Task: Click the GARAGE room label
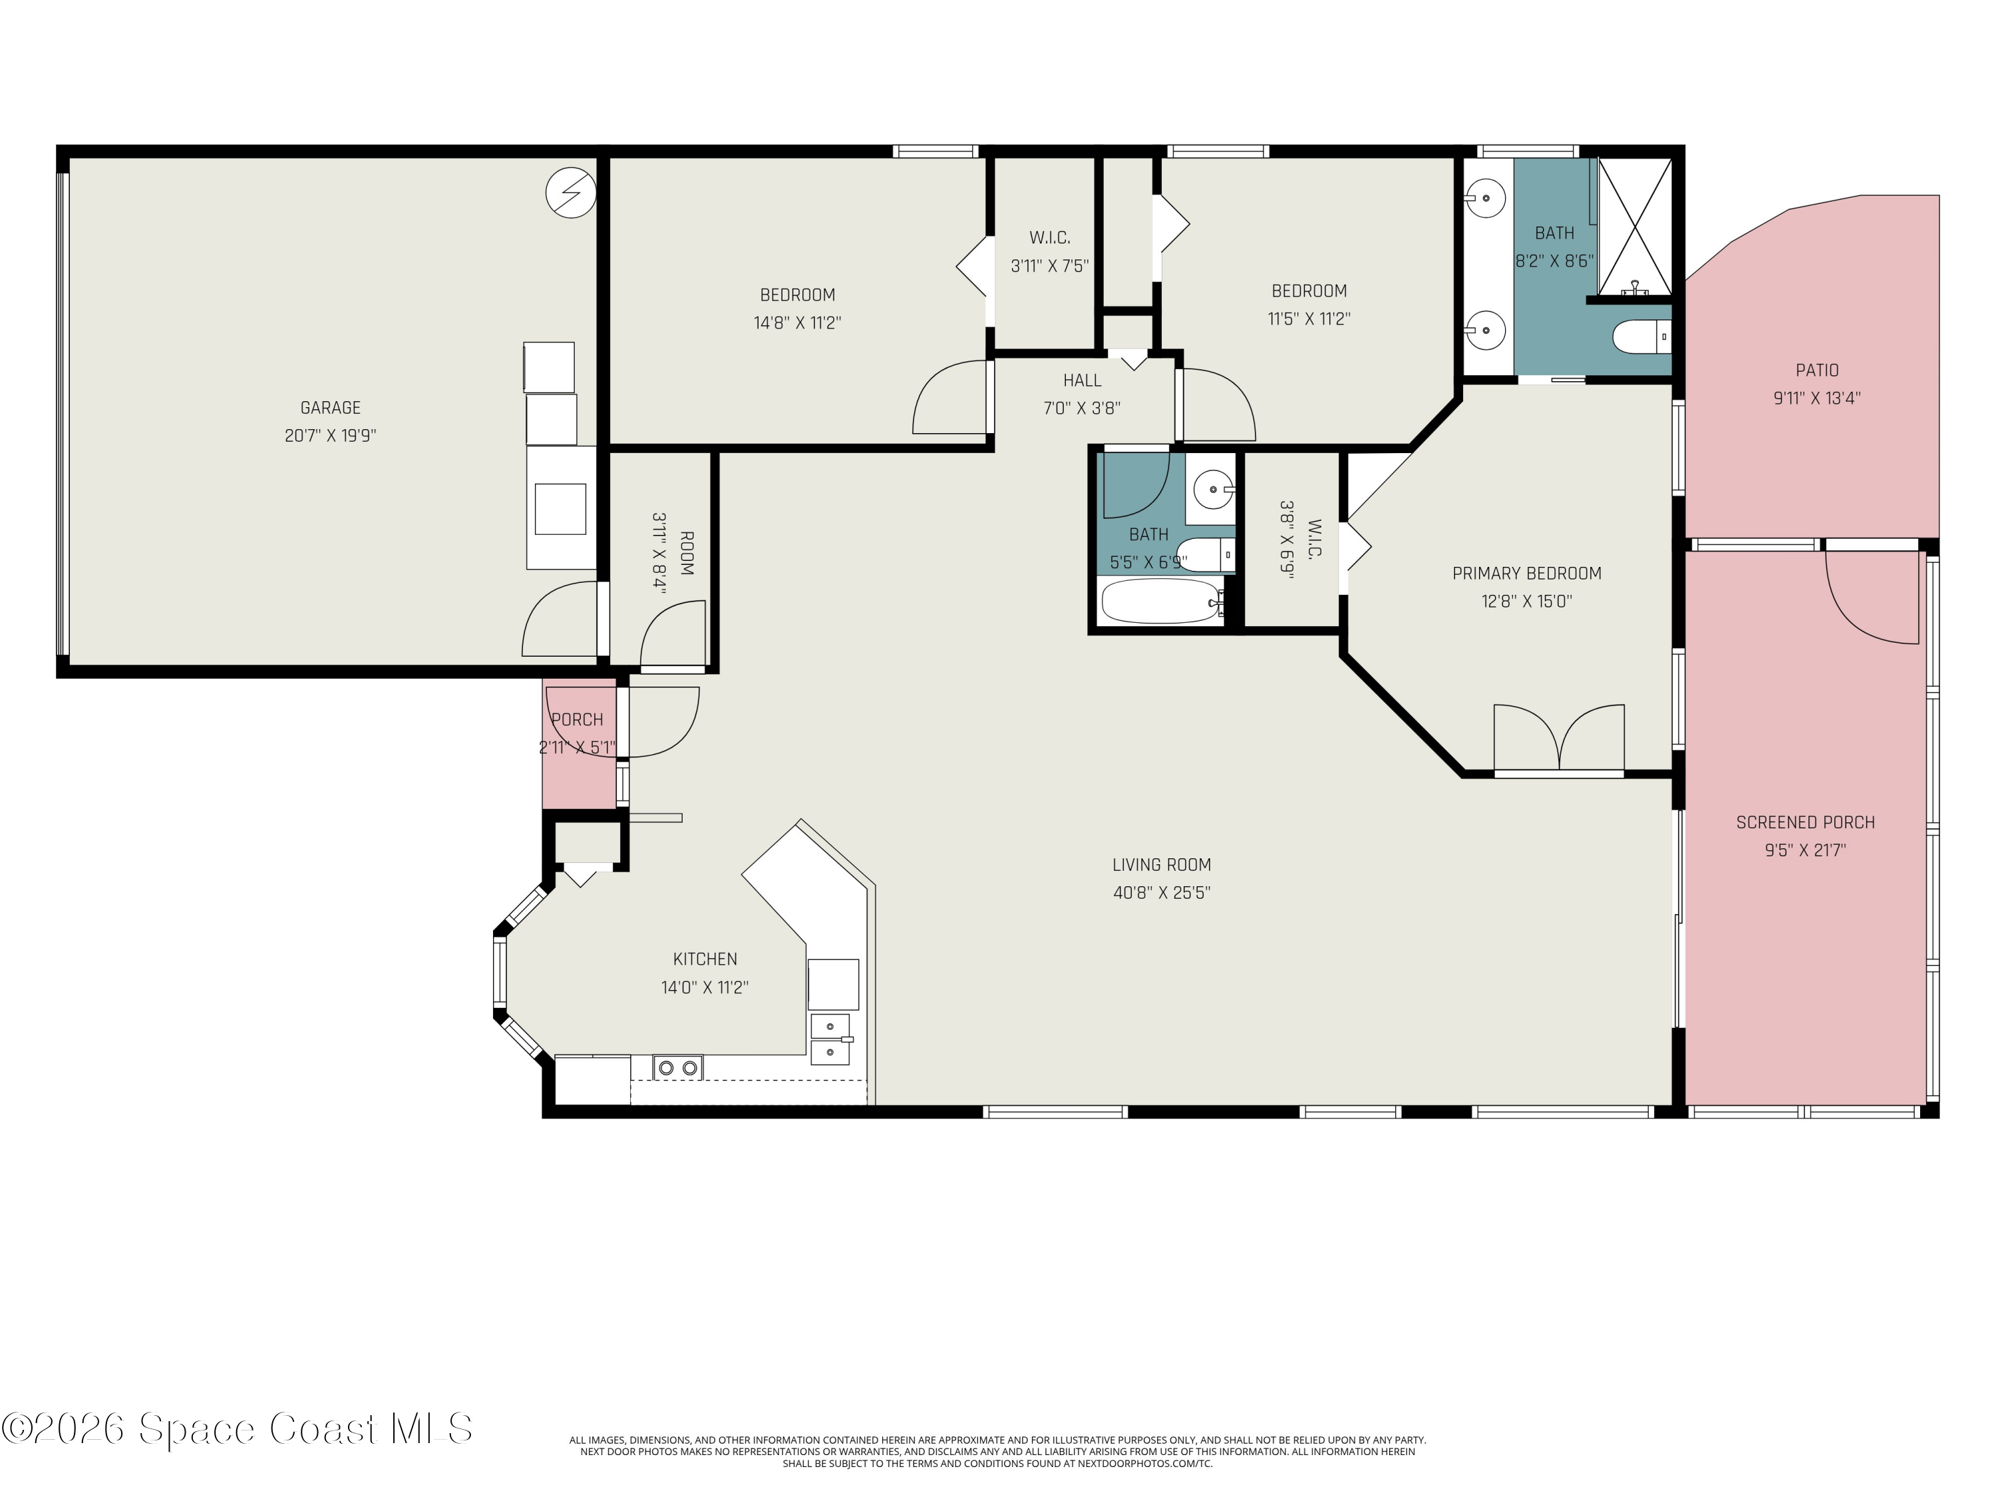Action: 330,408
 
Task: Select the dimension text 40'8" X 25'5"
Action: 1161,892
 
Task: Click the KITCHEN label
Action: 705,959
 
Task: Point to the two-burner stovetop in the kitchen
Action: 678,1067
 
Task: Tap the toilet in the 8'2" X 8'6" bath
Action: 1641,339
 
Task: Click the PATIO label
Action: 1816,370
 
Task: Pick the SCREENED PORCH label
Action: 1806,822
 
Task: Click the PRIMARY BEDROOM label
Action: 1527,573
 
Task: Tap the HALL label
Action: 1082,380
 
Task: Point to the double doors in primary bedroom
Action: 1560,738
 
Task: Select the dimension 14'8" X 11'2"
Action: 798,322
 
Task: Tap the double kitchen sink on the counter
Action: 830,1039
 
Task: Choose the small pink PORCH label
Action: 578,719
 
